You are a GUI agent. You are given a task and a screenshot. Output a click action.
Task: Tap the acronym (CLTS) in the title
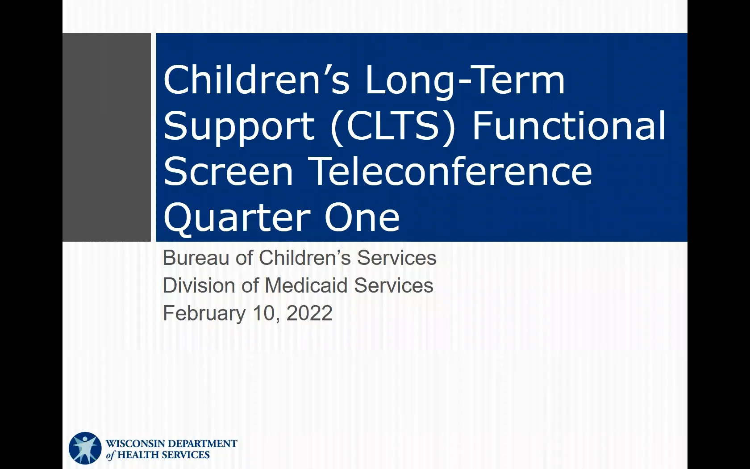393,127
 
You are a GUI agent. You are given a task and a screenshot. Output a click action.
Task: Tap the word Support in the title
239,127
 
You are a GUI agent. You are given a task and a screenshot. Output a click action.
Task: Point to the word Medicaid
306,285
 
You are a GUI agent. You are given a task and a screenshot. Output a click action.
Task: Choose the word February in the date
204,314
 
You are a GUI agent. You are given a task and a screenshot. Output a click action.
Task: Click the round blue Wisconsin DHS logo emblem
85,448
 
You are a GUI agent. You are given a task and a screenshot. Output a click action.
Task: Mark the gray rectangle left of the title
106,138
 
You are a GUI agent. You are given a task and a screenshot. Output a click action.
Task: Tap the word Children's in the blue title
256,80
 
